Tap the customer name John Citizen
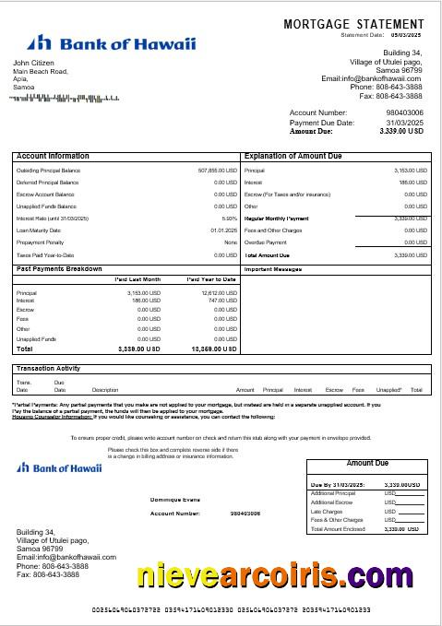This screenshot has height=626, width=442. [x=33, y=63]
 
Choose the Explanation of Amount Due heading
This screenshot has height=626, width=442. [x=294, y=157]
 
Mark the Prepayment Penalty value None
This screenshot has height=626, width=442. [x=231, y=242]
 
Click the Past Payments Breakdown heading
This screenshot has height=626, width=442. [x=59, y=268]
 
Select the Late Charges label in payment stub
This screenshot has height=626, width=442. [x=328, y=510]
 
